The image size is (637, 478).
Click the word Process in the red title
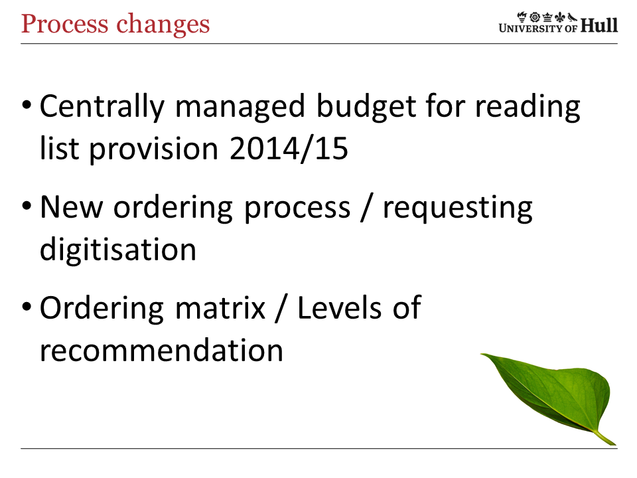(65, 24)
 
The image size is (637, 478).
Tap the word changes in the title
(163, 25)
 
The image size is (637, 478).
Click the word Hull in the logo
(599, 25)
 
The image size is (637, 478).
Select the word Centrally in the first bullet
(102, 107)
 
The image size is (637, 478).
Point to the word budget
(366, 107)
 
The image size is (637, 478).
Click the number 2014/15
(289, 149)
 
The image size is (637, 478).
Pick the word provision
(154, 149)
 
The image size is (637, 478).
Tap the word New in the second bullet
(72, 207)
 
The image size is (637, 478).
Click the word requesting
(458, 208)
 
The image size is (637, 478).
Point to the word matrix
(220, 308)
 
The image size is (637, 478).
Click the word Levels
(340, 307)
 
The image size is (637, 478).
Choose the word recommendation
(162, 350)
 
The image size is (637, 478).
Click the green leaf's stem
(605, 438)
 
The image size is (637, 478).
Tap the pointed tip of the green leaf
(482, 355)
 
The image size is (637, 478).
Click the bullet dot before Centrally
(27, 105)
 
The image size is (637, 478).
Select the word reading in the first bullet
(528, 107)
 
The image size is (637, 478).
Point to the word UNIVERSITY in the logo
(532, 28)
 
